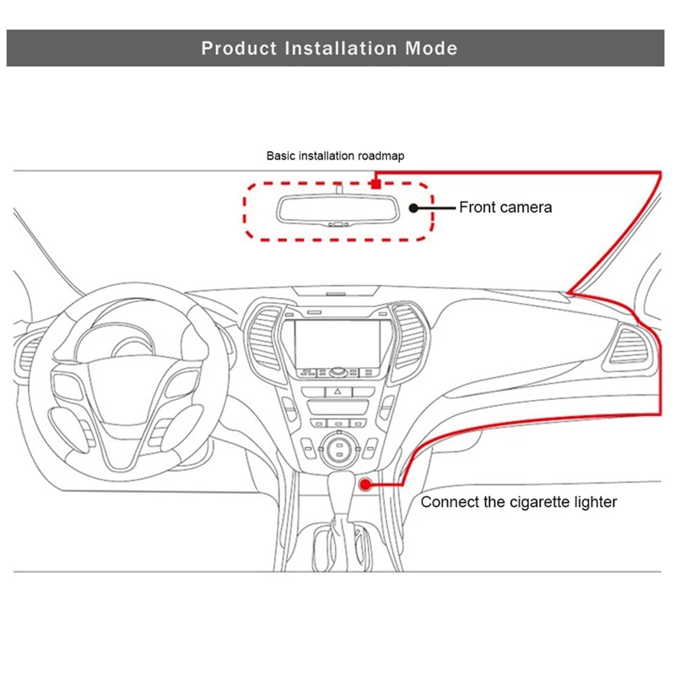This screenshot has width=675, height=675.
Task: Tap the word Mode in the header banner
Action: (429, 47)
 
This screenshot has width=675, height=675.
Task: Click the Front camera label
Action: (505, 207)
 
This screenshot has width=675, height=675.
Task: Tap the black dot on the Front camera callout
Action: (413, 207)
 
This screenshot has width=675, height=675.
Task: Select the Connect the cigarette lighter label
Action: (519, 502)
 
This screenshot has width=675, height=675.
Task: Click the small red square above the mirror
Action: (374, 181)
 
